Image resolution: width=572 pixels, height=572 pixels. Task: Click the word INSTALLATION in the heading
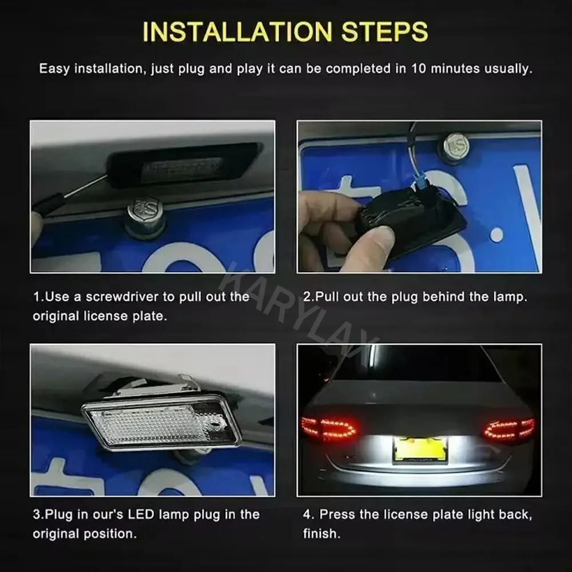[237, 32]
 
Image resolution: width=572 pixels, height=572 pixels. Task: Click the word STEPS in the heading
[385, 32]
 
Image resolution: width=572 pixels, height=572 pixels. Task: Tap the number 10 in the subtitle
[419, 69]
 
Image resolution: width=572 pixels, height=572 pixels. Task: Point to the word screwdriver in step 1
[122, 296]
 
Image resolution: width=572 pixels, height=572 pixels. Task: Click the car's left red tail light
[329, 427]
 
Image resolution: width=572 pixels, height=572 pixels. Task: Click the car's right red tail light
[509, 428]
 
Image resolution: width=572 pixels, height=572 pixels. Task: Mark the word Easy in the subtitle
[54, 69]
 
